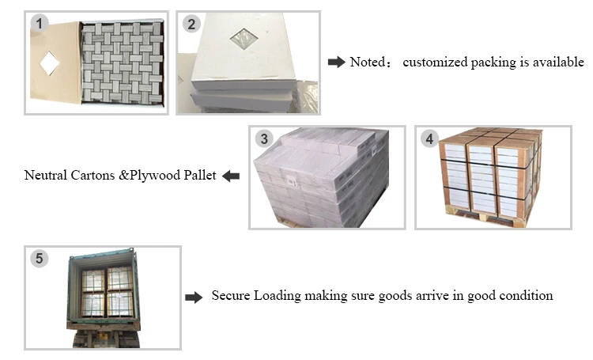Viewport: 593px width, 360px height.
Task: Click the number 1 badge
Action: click(40, 24)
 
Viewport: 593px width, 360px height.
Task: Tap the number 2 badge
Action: click(191, 24)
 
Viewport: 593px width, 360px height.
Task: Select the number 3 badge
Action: click(264, 138)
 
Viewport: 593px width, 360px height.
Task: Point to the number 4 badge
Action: click(429, 138)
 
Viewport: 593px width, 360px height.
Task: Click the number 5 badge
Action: click(40, 258)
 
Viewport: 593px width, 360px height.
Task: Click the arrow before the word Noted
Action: click(336, 62)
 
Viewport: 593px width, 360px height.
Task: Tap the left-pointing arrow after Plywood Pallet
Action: click(231, 176)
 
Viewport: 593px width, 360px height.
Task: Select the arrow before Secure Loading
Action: click(194, 297)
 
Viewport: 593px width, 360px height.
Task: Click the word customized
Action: click(435, 62)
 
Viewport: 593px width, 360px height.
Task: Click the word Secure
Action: click(231, 295)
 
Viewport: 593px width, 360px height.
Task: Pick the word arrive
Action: click(432, 295)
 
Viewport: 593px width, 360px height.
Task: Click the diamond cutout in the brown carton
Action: click(50, 63)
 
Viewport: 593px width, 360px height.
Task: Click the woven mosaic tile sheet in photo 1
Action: click(123, 63)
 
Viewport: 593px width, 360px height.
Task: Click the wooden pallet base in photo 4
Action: click(486, 218)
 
